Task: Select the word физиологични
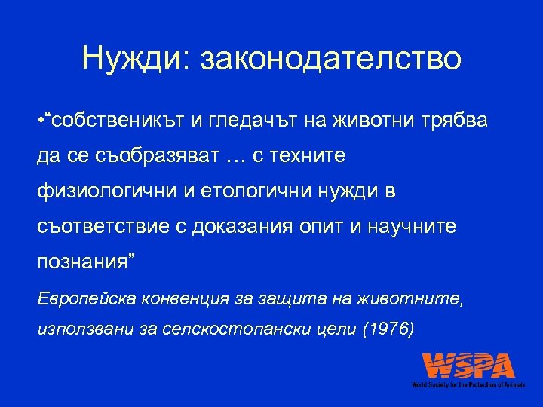tap(102, 192)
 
